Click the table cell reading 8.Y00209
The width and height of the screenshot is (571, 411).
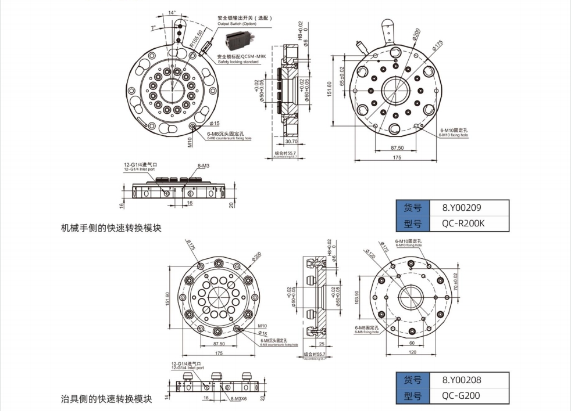point(462,207)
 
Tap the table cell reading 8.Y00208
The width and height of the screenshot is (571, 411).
point(462,380)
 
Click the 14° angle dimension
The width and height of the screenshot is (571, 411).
point(172,12)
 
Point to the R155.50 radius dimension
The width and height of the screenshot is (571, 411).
point(199,39)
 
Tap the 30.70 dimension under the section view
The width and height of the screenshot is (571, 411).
point(291,141)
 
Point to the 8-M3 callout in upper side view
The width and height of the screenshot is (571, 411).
point(204,166)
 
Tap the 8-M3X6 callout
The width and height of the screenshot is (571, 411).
point(238,399)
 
